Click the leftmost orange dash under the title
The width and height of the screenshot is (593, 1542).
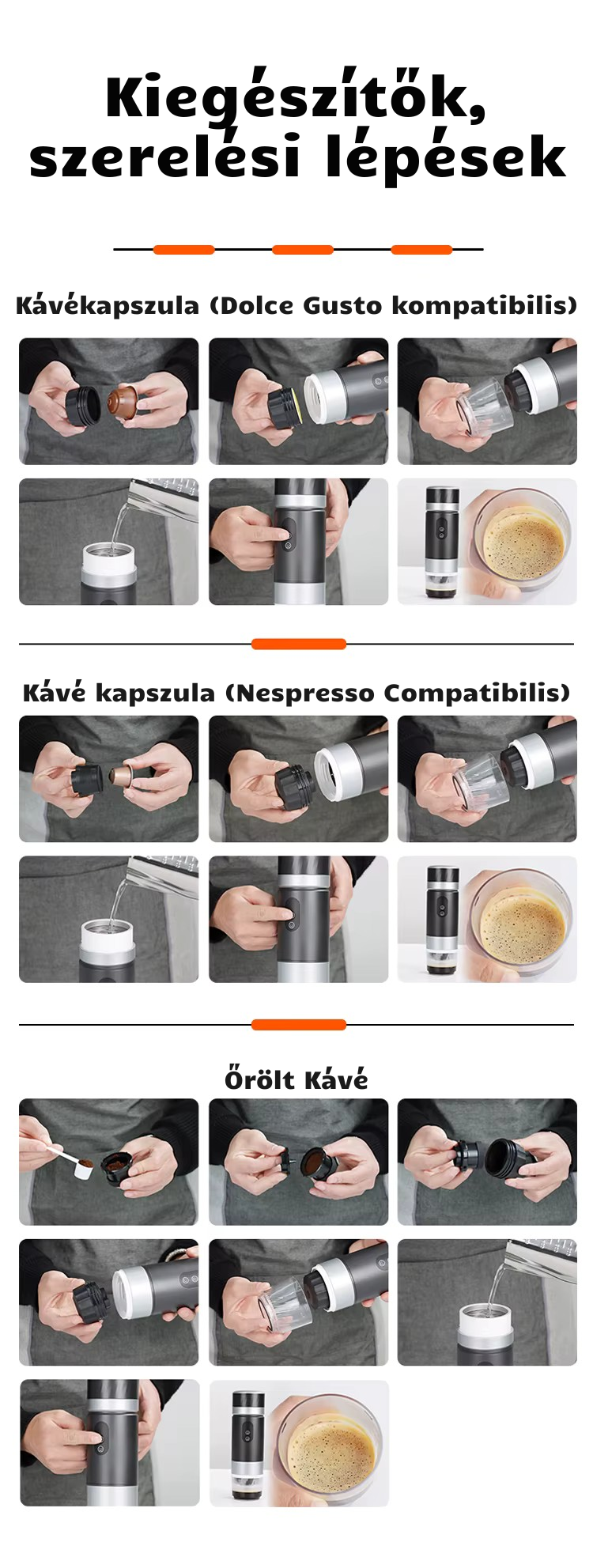point(183,250)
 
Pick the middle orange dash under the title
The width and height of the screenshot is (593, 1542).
point(302,250)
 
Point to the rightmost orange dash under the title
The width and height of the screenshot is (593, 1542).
point(421,250)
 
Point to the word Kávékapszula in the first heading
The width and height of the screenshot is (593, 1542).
point(108,305)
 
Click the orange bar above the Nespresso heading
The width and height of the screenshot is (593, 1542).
point(299,644)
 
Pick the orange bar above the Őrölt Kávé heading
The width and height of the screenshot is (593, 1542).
point(299,1025)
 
